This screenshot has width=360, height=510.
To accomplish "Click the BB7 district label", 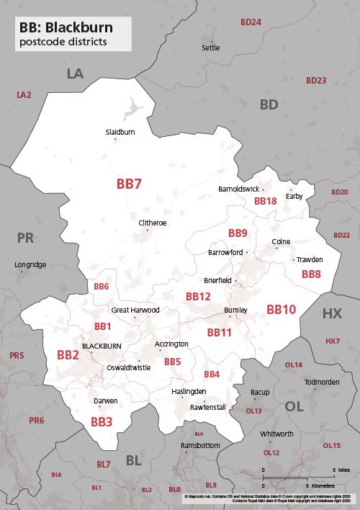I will click(129, 184).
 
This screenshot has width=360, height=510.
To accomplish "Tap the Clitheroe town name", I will click(153, 223).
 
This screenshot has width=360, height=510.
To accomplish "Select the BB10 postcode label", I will click(281, 310).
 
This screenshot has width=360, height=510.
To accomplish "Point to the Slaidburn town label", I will click(120, 133).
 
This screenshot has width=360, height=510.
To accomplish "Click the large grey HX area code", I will click(332, 313).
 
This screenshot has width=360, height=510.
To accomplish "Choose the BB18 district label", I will click(266, 201).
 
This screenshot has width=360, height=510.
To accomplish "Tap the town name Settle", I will click(211, 48).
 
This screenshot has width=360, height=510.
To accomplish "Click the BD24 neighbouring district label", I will click(251, 22).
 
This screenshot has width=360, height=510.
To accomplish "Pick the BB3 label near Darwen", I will click(101, 421).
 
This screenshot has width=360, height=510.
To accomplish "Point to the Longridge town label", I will click(30, 265).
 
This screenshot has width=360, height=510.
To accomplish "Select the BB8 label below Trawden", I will click(311, 274).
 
